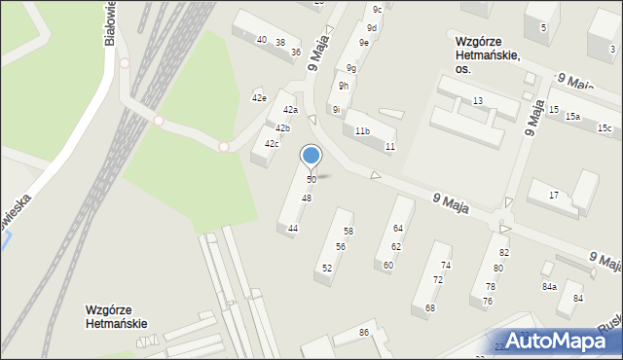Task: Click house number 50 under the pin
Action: click(x=311, y=180)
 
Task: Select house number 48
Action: click(x=307, y=198)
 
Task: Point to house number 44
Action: click(x=293, y=228)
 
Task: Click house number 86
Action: click(x=364, y=334)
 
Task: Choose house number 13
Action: click(x=478, y=101)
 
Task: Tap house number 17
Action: click(x=554, y=196)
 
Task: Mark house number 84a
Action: click(x=549, y=287)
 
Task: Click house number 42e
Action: click(x=259, y=98)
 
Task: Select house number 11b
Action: click(x=362, y=131)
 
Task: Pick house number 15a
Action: click(x=573, y=117)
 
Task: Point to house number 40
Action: click(x=261, y=40)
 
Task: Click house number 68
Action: click(x=430, y=307)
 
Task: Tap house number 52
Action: click(x=327, y=268)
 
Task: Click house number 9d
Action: click(x=372, y=28)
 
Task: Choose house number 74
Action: click(x=446, y=266)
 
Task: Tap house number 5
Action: click(x=544, y=27)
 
